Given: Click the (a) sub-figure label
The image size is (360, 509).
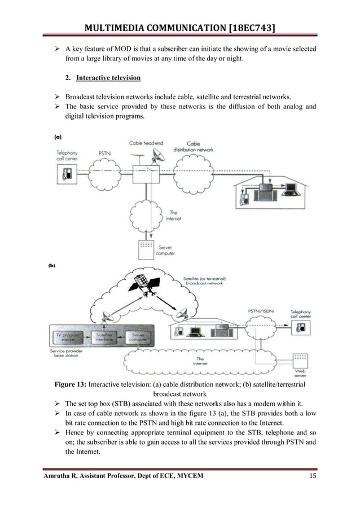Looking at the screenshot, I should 58,137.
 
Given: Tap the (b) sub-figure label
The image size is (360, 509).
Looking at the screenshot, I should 52,265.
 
